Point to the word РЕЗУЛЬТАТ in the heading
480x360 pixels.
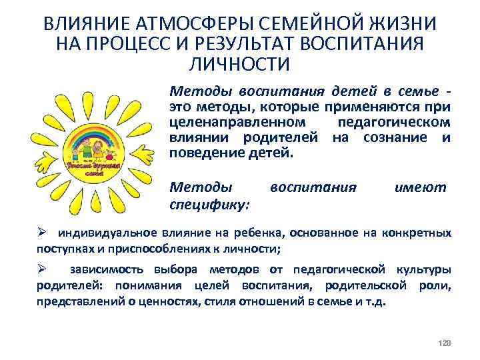tap(257, 45)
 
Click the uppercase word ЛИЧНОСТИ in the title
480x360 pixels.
tap(240, 65)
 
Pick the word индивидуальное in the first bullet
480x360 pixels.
tap(108, 233)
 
